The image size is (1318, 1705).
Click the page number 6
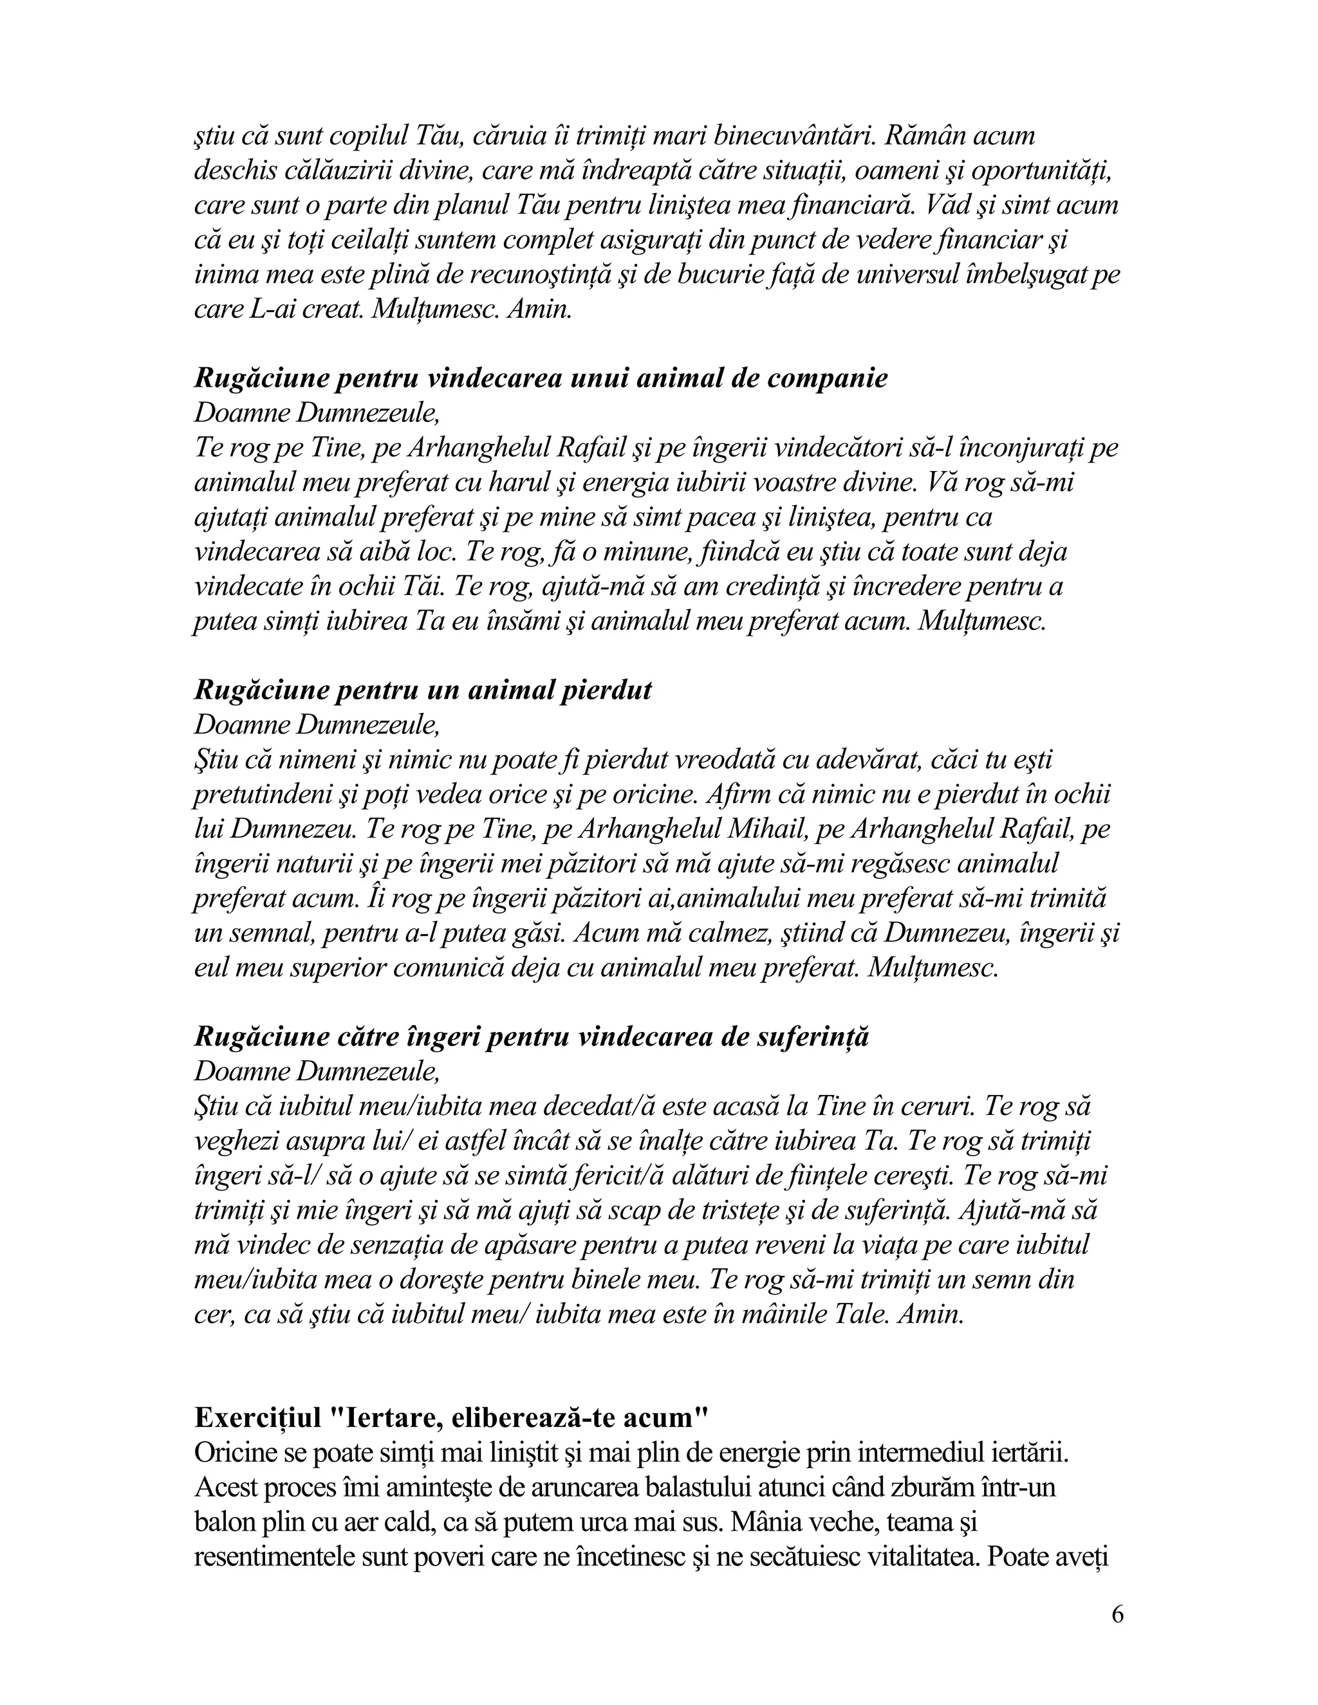click(x=1117, y=1614)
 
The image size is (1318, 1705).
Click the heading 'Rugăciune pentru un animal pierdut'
click(x=422, y=690)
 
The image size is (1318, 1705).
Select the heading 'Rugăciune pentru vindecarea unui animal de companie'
click(x=541, y=378)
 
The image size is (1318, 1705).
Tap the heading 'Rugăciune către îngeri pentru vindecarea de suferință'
click(x=531, y=1037)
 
